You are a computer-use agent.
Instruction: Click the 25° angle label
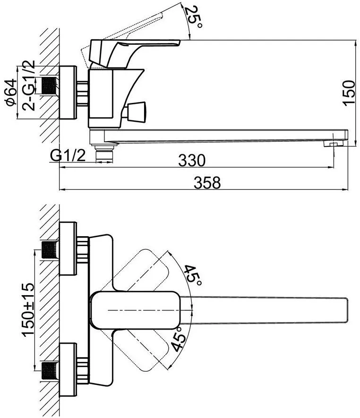click(194, 17)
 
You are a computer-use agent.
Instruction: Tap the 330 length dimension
click(192, 160)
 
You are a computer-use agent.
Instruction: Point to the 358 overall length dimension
click(207, 183)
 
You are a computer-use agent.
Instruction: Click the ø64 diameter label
click(11, 93)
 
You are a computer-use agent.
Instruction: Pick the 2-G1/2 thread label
click(28, 85)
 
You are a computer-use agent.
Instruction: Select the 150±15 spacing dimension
click(28, 309)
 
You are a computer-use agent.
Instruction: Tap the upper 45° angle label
click(193, 275)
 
